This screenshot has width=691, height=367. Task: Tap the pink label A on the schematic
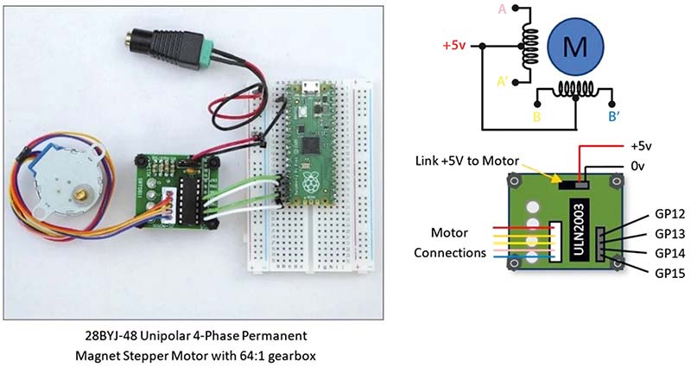point(502,9)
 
